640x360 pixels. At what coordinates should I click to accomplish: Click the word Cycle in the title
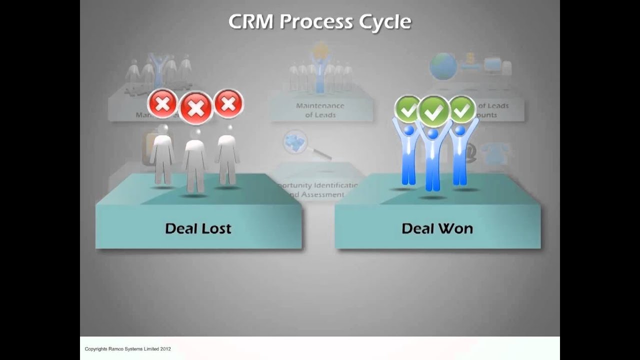point(385,22)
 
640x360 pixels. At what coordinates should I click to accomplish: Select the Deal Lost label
point(198,228)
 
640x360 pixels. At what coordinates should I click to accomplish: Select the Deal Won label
point(437,228)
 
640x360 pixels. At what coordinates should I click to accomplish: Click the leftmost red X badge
point(162,104)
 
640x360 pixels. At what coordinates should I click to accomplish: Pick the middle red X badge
point(195,107)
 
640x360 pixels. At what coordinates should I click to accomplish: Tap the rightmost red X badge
point(228,103)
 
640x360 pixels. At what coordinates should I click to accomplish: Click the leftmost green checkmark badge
point(408,109)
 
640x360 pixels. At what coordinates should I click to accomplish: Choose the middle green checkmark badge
point(433,111)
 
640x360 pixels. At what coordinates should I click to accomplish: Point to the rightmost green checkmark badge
point(462,109)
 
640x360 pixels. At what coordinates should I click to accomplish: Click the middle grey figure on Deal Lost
point(194,160)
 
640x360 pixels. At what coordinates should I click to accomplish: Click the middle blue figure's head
point(433,134)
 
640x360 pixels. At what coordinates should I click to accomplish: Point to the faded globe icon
point(443,66)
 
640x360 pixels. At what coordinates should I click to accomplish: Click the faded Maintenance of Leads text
point(320,110)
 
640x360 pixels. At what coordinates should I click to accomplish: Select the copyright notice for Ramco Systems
point(127,348)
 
